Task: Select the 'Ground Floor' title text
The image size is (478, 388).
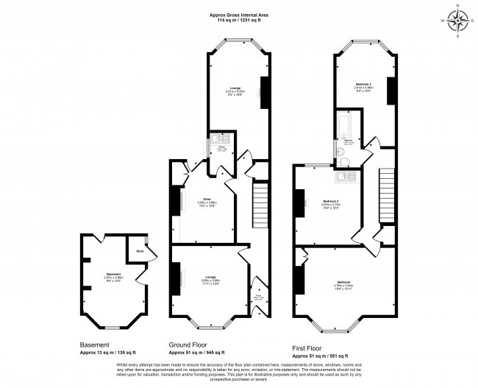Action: coord(192,344)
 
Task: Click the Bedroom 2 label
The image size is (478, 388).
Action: coord(332,201)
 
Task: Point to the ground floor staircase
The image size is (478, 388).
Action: coord(260,199)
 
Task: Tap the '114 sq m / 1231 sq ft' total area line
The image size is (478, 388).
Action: coord(239,21)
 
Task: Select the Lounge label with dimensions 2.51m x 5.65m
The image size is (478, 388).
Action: coord(235,91)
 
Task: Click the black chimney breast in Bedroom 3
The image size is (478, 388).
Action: coord(392,89)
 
